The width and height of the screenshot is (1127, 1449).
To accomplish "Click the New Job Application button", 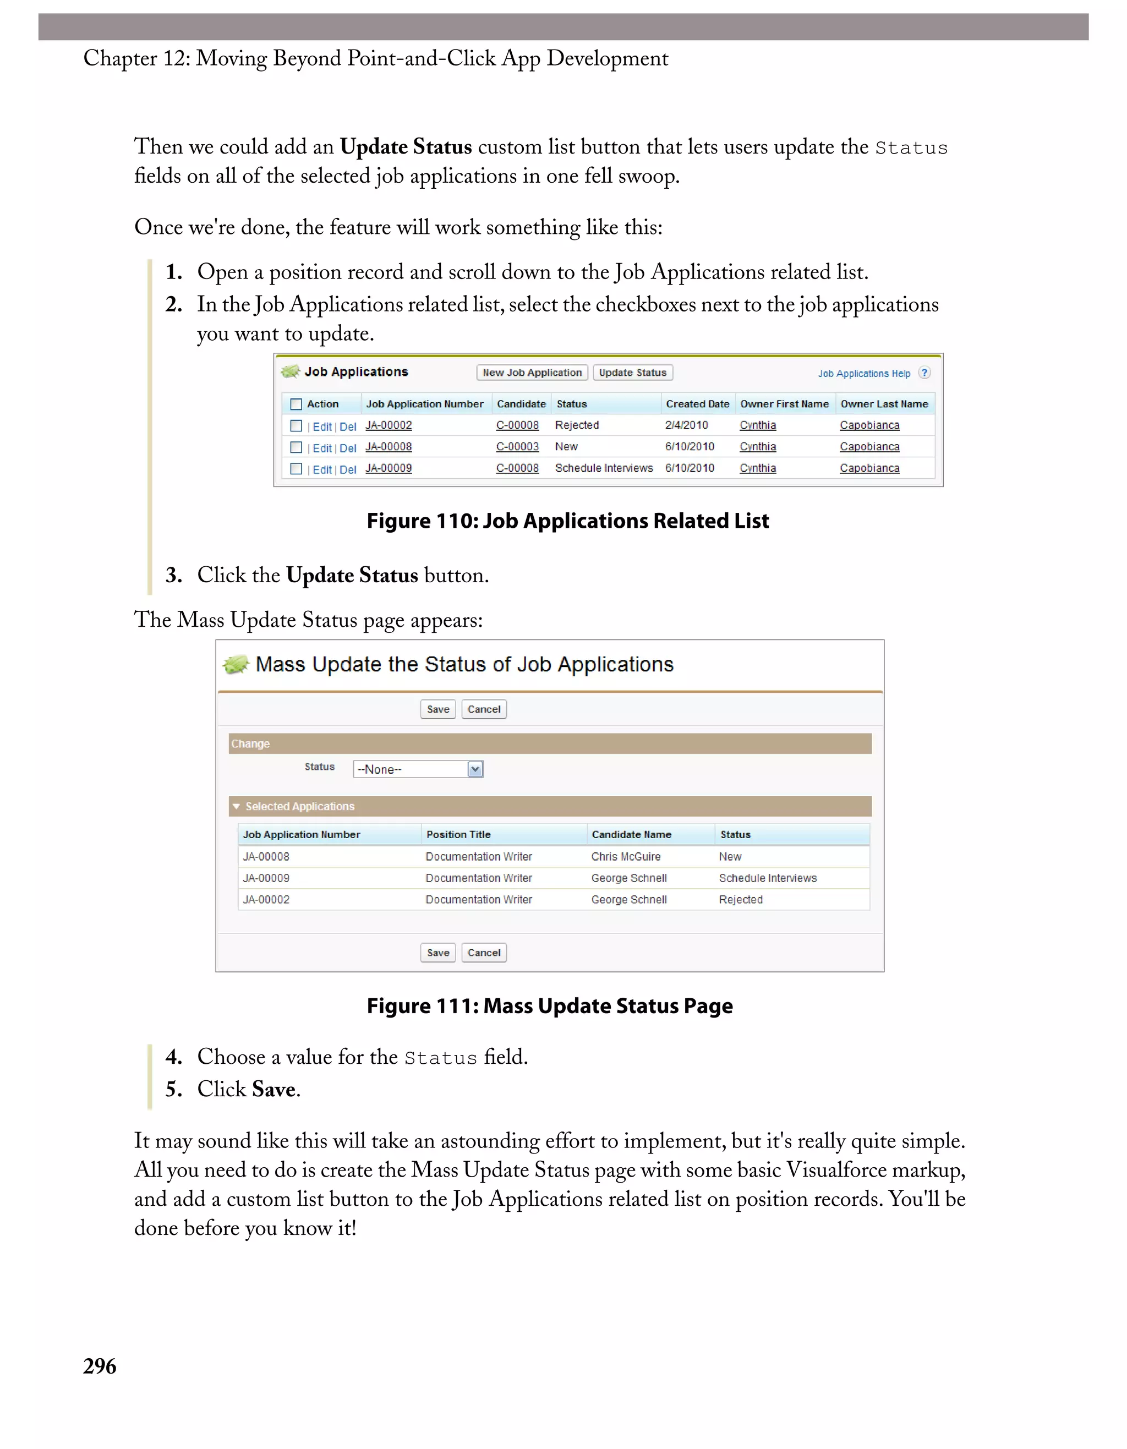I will pos(532,373).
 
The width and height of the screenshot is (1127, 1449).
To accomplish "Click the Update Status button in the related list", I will pos(632,373).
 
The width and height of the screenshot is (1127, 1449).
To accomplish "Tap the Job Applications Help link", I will pos(863,374).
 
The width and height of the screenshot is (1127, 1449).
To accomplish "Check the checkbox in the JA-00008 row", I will pos(297,447).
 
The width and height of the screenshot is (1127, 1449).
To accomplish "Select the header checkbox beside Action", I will pos(297,404).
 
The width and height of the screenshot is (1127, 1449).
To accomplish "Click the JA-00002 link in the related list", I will pos(389,425).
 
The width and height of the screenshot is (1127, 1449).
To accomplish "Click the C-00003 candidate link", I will pos(517,446).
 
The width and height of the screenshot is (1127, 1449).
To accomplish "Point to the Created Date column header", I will pos(697,404).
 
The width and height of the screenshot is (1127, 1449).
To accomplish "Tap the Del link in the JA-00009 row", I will pos(348,470).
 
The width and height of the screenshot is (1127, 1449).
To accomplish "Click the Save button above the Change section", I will pos(438,709).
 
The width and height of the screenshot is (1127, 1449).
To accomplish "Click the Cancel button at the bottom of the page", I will pos(484,953).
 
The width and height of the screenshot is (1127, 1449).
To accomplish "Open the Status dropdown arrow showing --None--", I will pos(475,769).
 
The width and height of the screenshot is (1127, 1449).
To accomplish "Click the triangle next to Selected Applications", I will pos(236,807).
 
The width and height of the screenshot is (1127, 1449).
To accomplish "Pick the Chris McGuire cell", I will pos(626,856).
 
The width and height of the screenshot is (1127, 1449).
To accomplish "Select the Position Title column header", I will pos(458,835).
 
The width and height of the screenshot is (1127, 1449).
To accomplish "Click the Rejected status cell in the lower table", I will pos(740,900).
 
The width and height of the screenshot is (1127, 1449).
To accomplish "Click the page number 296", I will pos(100,1366).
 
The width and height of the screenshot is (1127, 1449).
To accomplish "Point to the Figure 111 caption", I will pos(549,1006).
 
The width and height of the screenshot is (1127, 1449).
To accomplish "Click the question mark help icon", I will pos(924,373).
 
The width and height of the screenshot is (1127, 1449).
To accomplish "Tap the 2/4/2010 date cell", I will pos(687,425).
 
